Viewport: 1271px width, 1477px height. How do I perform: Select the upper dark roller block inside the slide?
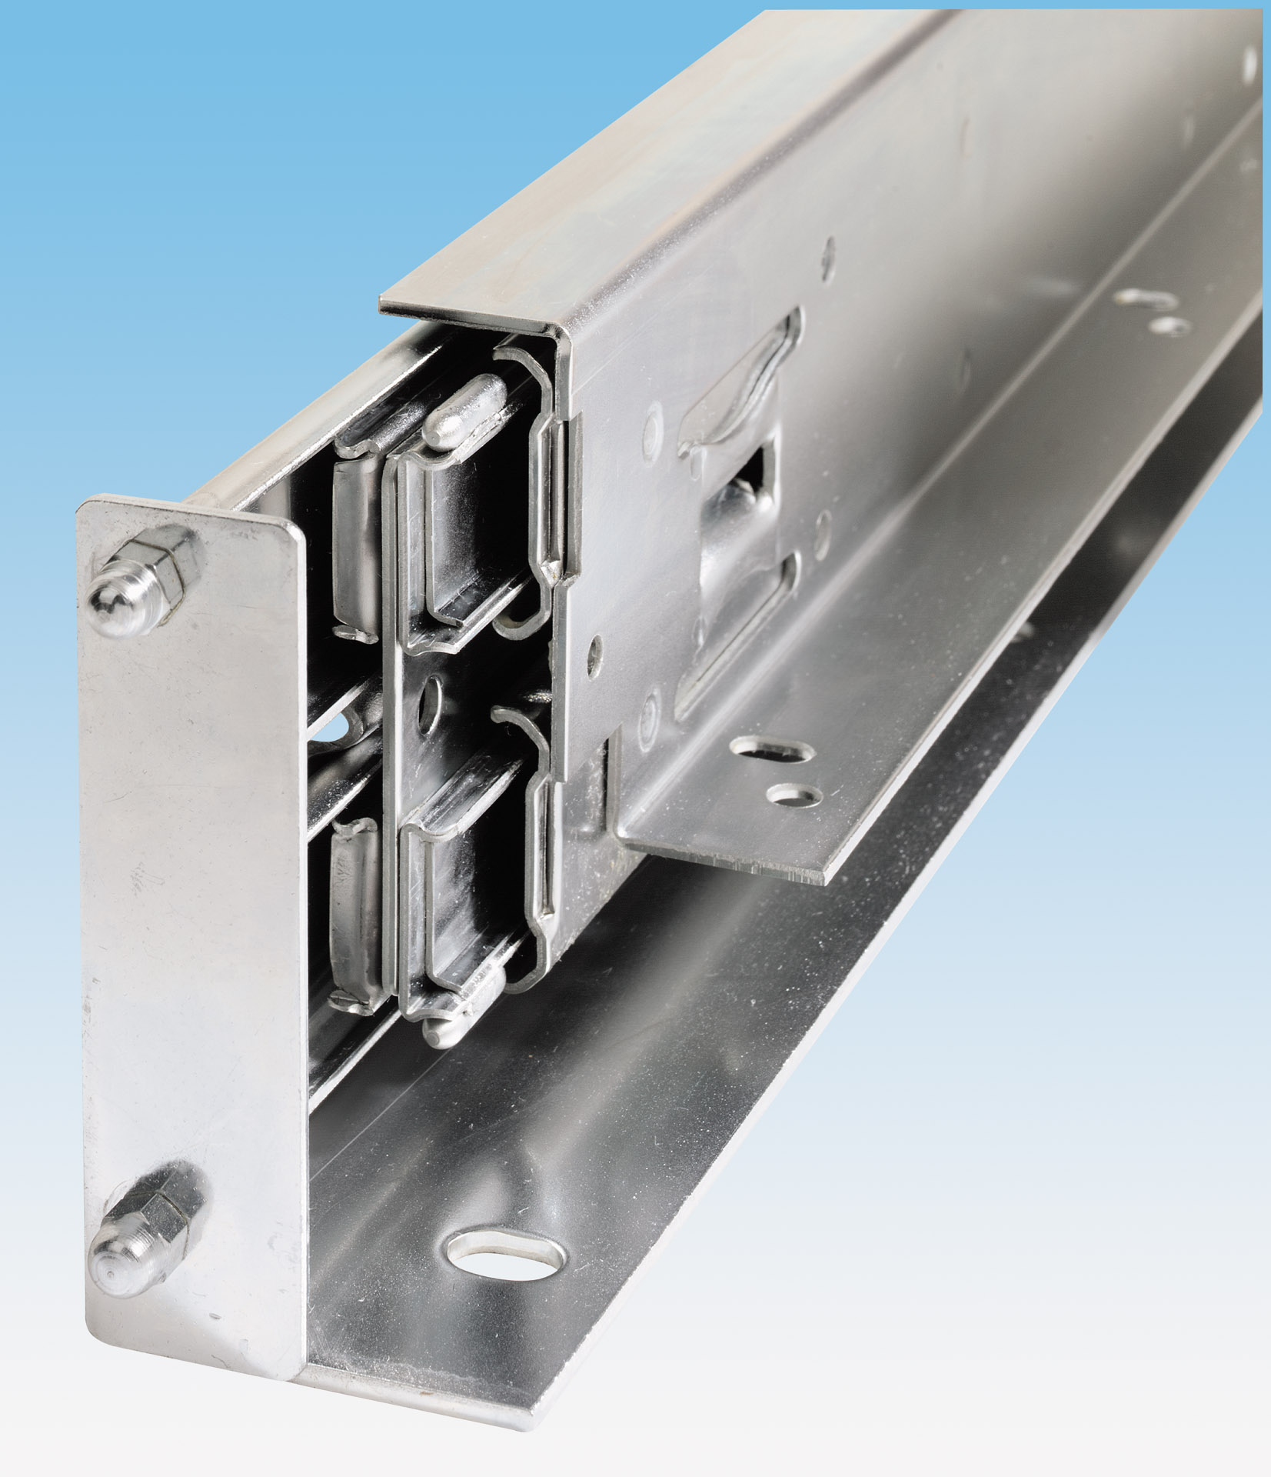click(469, 538)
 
